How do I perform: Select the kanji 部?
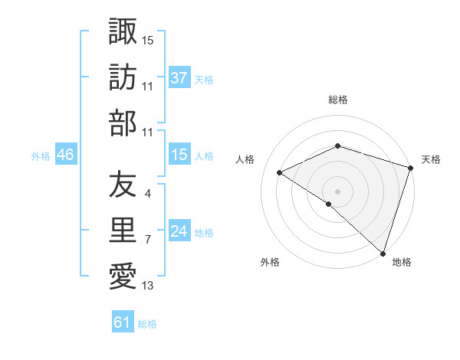[x=123, y=123]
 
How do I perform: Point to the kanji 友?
[x=123, y=184]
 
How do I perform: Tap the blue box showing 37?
[x=179, y=78]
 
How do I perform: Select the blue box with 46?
[x=65, y=155]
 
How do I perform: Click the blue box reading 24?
[x=179, y=232]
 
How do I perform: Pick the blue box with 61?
[x=123, y=323]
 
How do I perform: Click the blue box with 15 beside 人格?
[x=179, y=155]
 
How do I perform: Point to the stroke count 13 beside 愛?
[x=148, y=286]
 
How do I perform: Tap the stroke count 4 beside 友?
[x=148, y=193]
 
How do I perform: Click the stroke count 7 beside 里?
[x=148, y=240]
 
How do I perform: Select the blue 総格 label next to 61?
[x=147, y=324]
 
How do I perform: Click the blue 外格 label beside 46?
[x=40, y=156]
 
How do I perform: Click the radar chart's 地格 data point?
[x=383, y=254]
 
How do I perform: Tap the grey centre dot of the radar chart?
[x=337, y=191]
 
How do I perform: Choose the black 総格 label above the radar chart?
[x=337, y=100]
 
